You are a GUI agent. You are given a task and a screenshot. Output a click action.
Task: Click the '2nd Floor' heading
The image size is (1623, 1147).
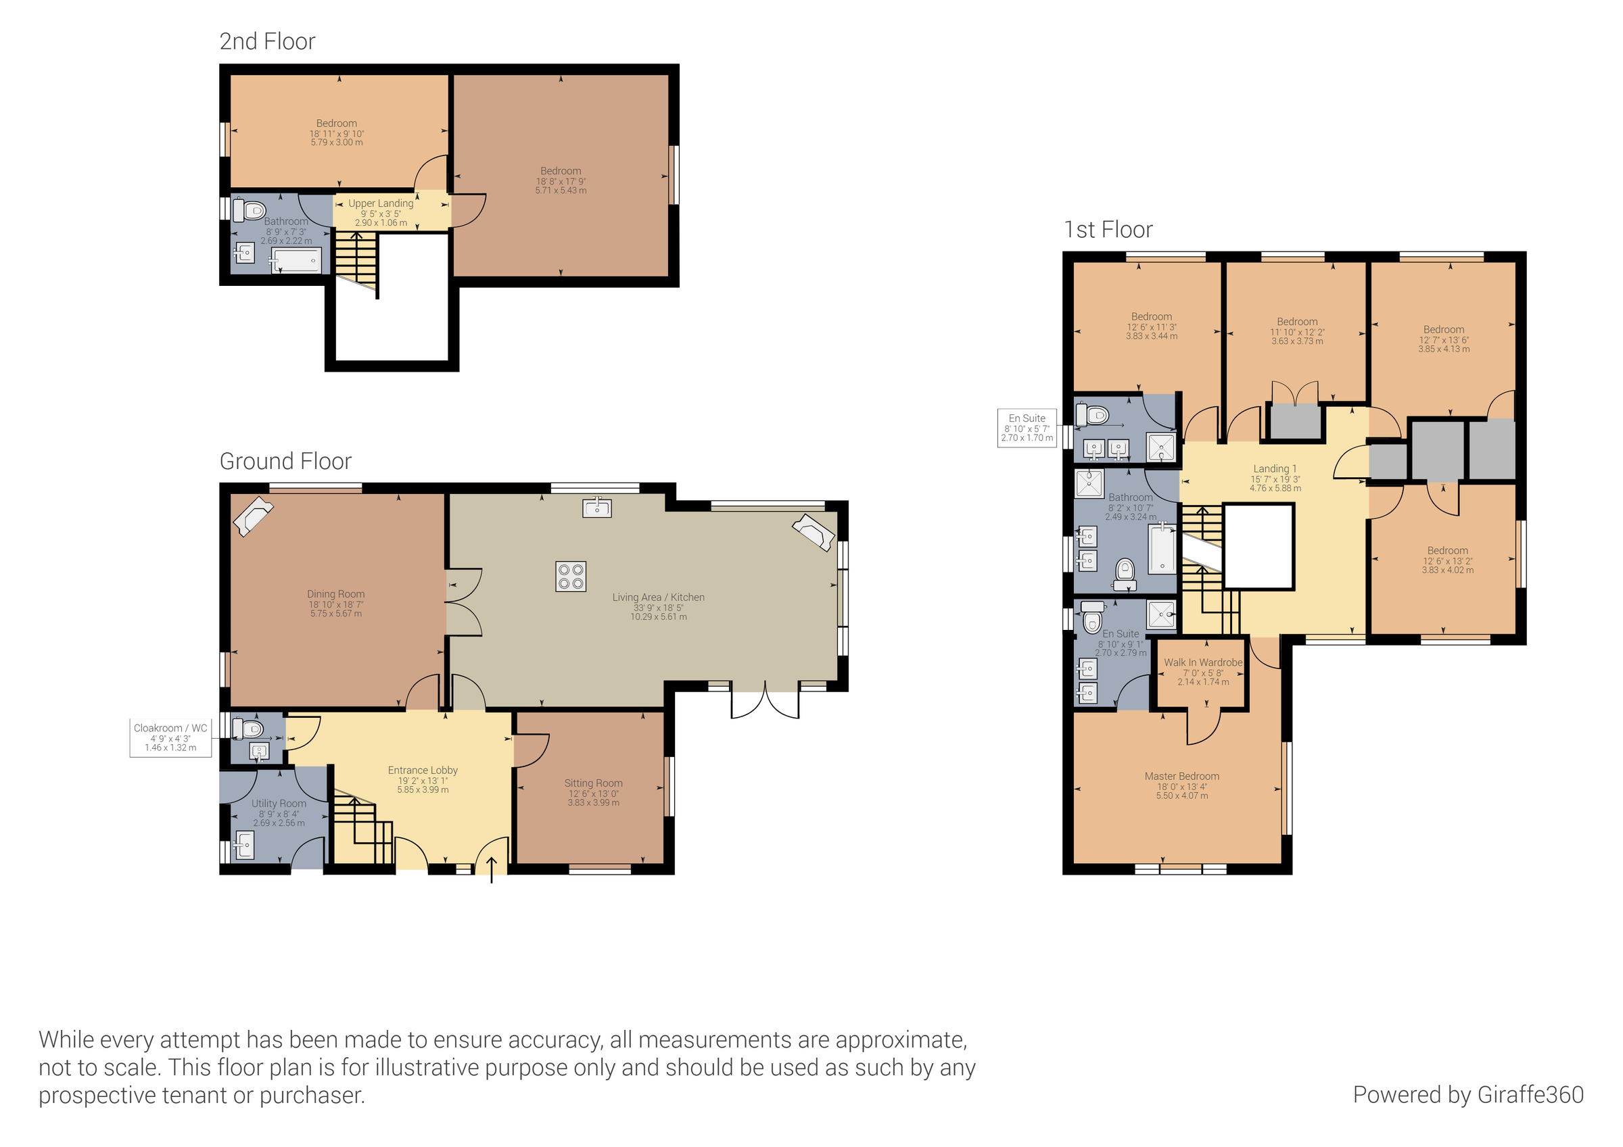pos(267,42)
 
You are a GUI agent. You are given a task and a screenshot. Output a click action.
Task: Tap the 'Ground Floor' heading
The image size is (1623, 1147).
pos(285,462)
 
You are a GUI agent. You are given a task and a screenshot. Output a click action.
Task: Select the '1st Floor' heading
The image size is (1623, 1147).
pos(1108,230)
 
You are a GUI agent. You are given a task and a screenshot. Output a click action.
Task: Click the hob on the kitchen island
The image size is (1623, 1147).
pos(571,576)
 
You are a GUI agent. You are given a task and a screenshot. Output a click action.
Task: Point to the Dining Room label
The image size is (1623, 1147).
pos(336,594)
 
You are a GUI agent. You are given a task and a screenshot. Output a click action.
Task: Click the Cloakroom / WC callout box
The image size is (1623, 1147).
pos(170,737)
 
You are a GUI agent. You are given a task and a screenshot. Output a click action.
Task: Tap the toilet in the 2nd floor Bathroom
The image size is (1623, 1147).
pos(251,211)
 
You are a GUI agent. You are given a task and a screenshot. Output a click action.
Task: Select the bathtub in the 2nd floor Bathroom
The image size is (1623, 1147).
pos(297,261)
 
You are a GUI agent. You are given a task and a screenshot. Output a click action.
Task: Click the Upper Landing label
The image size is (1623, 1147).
pos(380,203)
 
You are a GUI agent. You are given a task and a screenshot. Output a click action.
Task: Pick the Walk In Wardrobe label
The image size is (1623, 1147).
pos(1203,662)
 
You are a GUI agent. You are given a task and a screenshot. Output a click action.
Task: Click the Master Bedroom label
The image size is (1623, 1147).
pos(1182,776)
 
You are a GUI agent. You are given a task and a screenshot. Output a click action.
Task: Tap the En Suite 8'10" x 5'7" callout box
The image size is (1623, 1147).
pos(1027,428)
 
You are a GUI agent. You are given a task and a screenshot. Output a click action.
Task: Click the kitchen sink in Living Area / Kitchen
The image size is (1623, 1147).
pos(597,508)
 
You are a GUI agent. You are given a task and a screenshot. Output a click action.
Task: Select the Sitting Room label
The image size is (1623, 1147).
pos(593,783)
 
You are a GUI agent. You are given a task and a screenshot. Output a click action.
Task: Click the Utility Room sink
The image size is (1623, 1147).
pos(244,844)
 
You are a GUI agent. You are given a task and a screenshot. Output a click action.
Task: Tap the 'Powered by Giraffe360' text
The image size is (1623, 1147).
pos(1467,1094)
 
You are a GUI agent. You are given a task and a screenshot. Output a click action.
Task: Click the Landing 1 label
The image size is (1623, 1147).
pos(1275,468)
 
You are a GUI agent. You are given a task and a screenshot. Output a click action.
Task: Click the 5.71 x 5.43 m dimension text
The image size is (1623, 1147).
pos(561,191)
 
